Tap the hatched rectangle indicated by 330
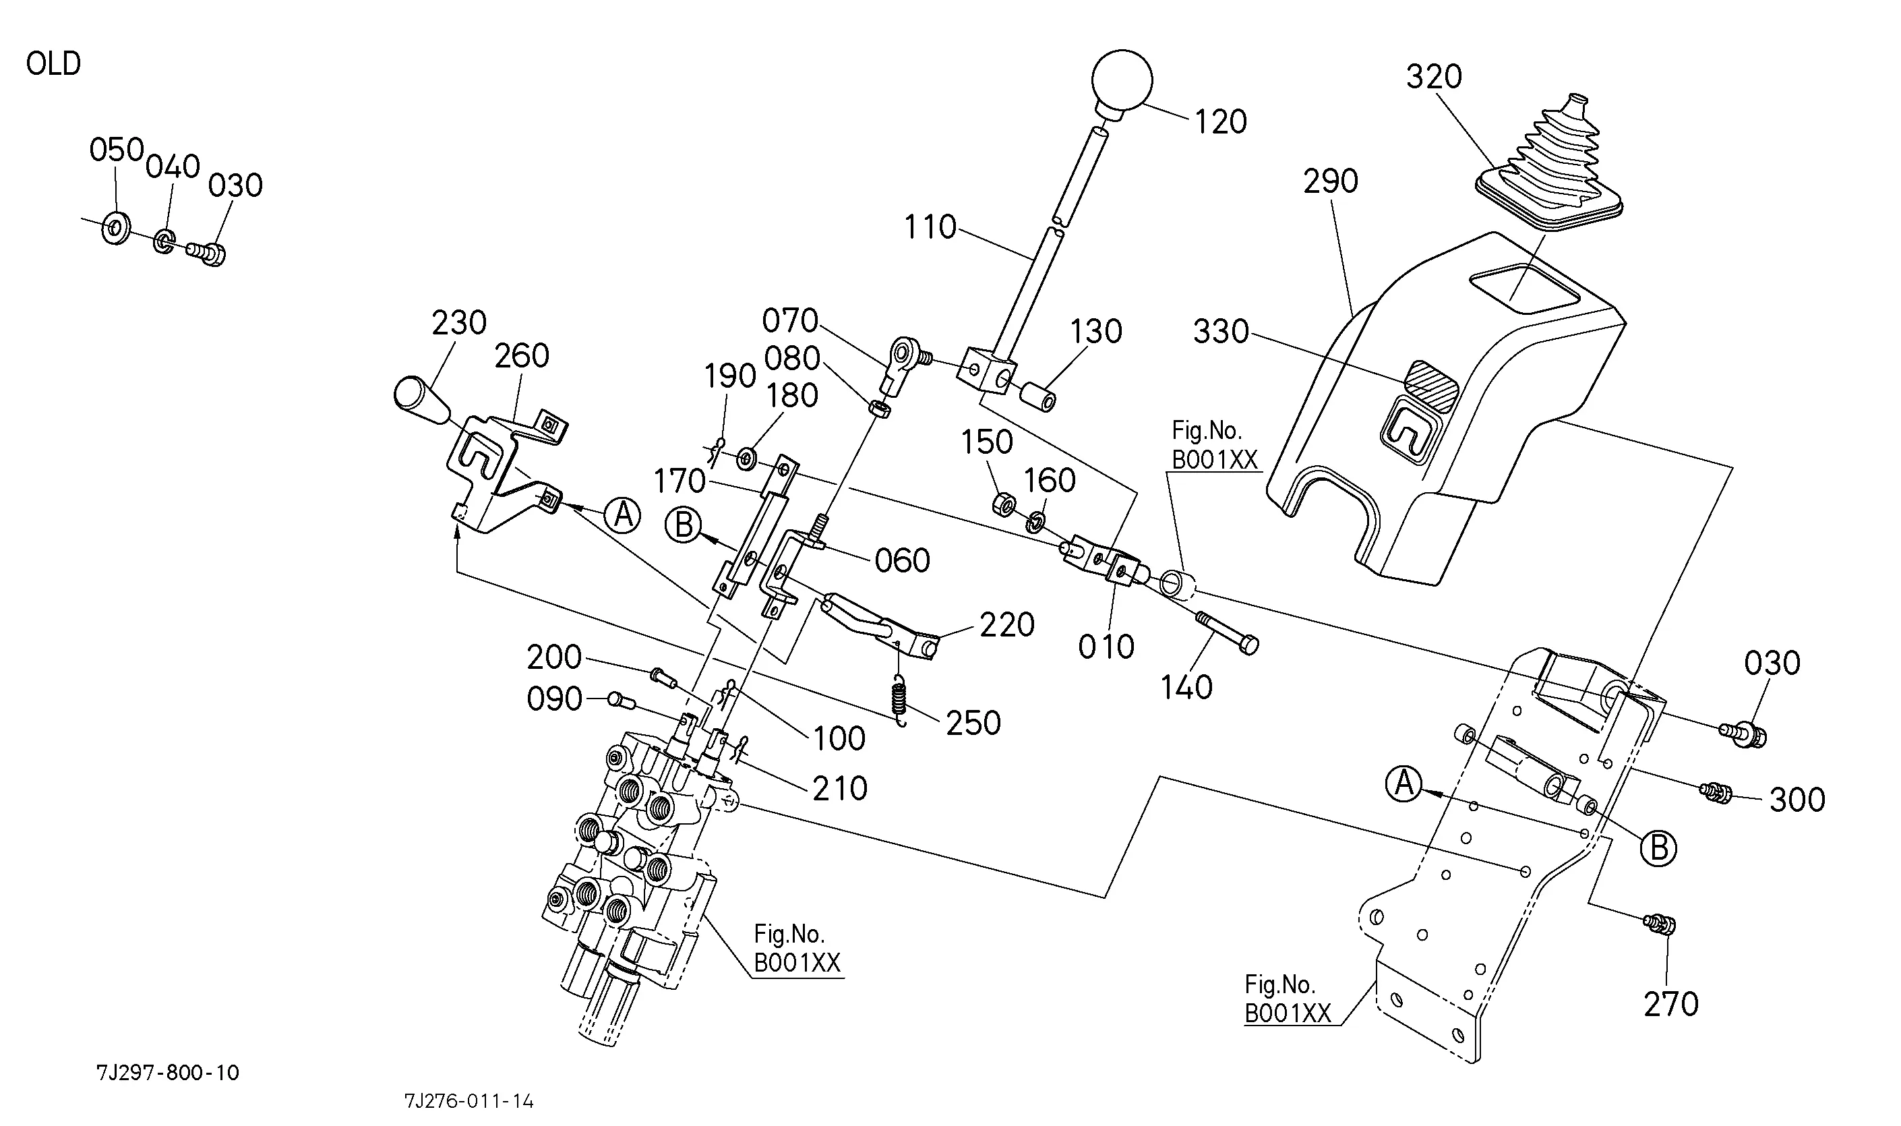pos(1430,377)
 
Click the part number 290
pos(1331,181)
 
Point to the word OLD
pos(53,64)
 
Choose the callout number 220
pos(1006,625)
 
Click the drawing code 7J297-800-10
pos(168,1073)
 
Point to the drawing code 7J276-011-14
pos(469,1101)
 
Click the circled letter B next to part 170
pos(684,525)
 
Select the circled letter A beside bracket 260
pos(622,515)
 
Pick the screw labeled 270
pos(1660,924)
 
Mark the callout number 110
pos(930,227)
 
